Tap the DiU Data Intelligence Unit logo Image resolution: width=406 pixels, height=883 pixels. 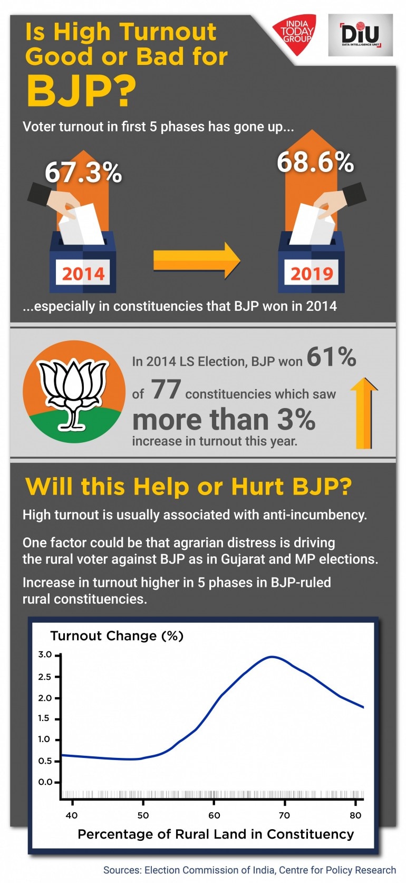[x=360, y=35]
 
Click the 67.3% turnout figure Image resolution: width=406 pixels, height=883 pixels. [x=83, y=173]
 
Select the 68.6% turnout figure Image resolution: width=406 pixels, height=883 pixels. [x=315, y=162]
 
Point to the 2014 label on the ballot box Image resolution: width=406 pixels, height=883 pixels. [x=83, y=273]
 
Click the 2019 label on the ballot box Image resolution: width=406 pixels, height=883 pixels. [x=312, y=273]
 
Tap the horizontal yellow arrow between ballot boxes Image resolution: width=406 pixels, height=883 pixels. [x=196, y=260]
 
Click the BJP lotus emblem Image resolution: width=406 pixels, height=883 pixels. [x=74, y=392]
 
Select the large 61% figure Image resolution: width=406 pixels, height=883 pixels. [x=331, y=357]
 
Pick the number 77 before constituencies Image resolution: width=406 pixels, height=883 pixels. [x=166, y=390]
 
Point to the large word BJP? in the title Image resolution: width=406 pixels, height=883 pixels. [x=81, y=91]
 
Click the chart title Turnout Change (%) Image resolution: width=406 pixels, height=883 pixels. [x=117, y=636]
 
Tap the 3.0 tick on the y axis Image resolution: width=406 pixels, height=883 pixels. [x=45, y=654]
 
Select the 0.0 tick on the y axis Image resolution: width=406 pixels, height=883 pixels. [x=45, y=782]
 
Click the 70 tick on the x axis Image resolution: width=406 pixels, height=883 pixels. [x=284, y=815]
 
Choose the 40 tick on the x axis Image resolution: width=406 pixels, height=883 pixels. [x=71, y=815]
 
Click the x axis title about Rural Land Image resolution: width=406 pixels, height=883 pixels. [x=216, y=834]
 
